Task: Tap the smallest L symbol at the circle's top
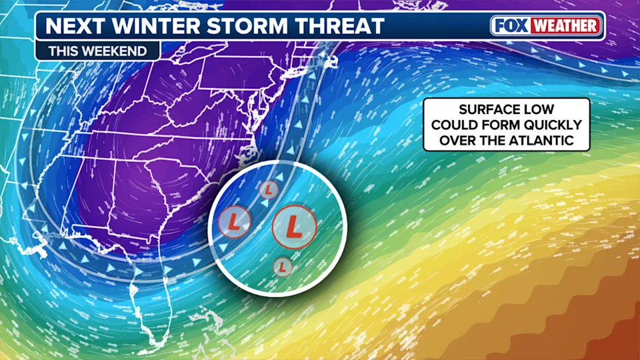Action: [268, 190]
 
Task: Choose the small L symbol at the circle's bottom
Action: [283, 266]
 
